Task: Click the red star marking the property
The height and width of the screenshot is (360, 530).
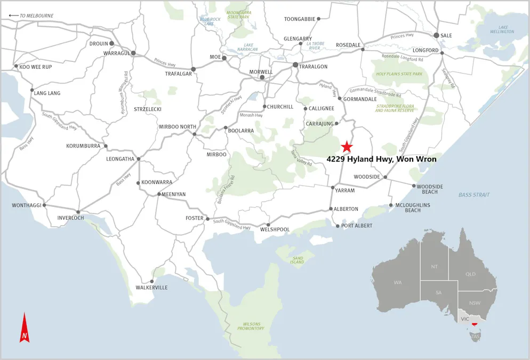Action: coord(347,146)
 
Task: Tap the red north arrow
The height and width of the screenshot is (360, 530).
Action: coord(25,328)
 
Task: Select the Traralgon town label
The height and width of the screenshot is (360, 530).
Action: coord(313,66)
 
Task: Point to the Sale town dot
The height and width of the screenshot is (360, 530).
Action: coord(436,35)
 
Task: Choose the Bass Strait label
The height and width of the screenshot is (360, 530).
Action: coord(473,195)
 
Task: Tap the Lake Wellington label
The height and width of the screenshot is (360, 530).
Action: coord(502,29)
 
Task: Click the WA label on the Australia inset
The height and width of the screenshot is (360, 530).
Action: coord(398,282)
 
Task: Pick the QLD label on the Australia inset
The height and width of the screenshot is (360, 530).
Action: coord(470,274)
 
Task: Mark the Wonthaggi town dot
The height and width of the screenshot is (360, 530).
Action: coord(44,205)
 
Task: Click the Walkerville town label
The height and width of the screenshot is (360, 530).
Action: coord(151,287)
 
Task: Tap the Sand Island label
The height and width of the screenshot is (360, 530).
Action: coord(297,260)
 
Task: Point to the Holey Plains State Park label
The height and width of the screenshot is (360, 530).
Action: coord(399,74)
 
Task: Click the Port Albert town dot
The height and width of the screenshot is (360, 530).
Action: coord(338,226)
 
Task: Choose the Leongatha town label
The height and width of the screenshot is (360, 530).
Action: coord(120,159)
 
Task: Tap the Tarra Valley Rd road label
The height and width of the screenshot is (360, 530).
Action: coord(301,160)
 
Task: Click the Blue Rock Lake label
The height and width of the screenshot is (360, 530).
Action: coord(210,21)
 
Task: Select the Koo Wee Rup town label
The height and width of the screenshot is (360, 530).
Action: coord(36,67)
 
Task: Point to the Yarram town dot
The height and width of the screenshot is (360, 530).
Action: coord(333,188)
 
